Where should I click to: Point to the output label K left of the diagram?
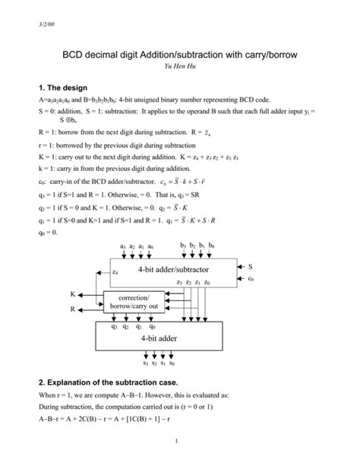tap(73, 293)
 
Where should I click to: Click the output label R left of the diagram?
tap(73, 309)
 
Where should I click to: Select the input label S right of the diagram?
tap(251, 267)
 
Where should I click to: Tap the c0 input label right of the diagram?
tap(251, 279)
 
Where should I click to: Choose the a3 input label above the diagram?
tap(122, 246)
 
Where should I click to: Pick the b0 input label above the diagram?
tap(211, 246)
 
